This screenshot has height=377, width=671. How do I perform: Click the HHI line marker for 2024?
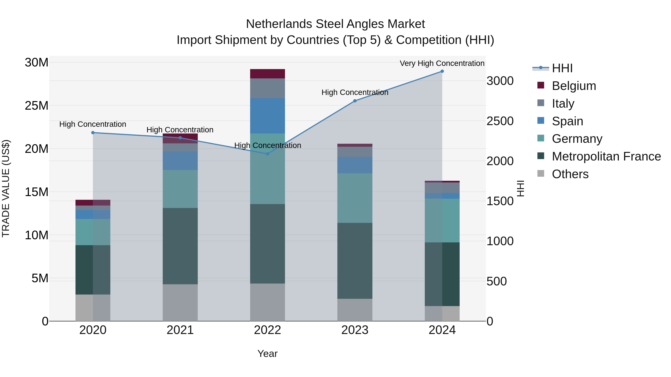tap(442, 71)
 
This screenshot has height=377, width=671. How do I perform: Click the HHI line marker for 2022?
tap(267, 154)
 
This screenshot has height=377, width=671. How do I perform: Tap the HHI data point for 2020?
tap(93, 133)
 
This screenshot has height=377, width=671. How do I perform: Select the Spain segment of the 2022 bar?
tap(267, 116)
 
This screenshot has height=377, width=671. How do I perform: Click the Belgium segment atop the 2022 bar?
tap(267, 74)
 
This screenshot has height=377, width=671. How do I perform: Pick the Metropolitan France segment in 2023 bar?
tap(355, 261)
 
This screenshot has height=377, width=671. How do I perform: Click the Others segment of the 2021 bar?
tap(180, 303)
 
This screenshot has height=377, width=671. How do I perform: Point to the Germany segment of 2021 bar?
tap(180, 189)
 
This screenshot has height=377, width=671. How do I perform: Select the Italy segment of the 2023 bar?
tap(355, 152)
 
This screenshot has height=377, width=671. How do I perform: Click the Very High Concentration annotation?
tap(442, 63)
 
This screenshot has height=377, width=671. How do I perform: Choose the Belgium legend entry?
tap(574, 86)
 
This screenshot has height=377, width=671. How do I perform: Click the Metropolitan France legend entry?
tap(606, 156)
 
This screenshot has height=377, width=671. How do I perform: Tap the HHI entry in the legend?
tap(562, 68)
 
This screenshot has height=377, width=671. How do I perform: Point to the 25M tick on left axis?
tap(37, 106)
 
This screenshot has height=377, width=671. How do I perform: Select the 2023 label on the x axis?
tap(355, 330)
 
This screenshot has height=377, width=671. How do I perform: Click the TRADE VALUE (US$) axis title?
tap(6, 188)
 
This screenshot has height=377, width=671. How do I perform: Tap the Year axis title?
tap(267, 354)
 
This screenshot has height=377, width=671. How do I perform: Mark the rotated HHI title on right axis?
tap(520, 188)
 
